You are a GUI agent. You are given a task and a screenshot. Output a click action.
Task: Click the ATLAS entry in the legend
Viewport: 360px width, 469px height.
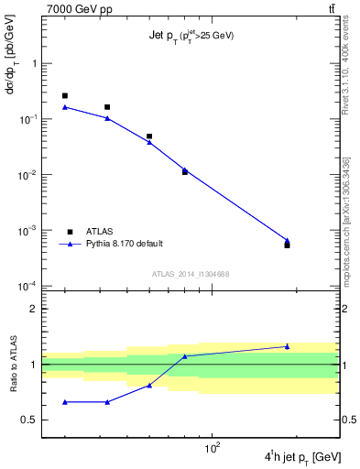click(100, 232)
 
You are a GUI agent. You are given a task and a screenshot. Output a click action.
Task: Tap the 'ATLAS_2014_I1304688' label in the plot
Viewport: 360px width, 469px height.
click(190, 275)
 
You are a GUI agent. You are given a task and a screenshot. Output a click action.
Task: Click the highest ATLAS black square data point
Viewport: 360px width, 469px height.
click(65, 95)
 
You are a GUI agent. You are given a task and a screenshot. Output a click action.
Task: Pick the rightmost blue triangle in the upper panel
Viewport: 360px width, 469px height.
click(287, 241)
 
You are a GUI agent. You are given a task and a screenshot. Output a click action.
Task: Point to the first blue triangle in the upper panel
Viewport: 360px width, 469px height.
click(65, 107)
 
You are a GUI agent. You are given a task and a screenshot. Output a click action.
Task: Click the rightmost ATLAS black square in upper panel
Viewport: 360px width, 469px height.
click(287, 245)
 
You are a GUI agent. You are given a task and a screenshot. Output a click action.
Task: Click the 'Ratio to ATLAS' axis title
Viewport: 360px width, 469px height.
click(14, 365)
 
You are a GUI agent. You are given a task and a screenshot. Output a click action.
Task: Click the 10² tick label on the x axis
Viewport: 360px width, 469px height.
click(213, 447)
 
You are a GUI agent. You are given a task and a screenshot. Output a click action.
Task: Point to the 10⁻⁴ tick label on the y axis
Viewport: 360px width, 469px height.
click(28, 286)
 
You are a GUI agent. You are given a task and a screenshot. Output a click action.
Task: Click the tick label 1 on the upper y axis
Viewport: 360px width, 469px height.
click(35, 64)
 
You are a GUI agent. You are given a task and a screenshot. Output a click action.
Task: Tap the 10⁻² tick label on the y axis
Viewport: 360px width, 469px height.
click(28, 175)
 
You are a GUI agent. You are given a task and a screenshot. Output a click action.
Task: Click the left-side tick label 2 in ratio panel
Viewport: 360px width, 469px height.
click(35, 309)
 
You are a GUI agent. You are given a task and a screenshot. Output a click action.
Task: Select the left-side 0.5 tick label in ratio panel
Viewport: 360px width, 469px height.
click(31, 420)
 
